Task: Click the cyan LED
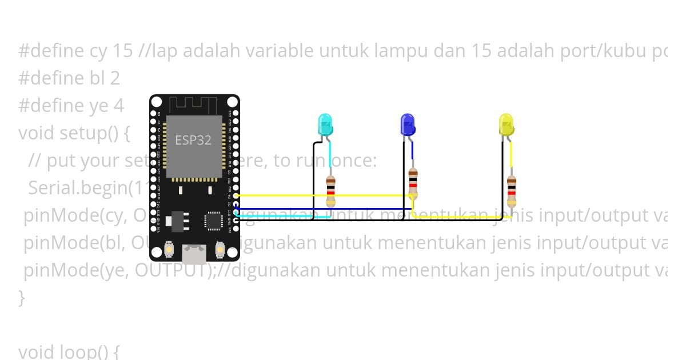[325, 125]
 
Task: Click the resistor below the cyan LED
[330, 191]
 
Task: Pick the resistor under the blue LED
[413, 184]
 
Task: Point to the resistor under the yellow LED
[511, 191]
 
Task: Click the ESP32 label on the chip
[193, 140]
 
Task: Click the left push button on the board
[169, 249]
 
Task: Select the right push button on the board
[220, 249]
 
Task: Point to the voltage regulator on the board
[178, 221]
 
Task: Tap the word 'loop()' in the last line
[93, 351]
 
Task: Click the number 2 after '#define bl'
[115, 78]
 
